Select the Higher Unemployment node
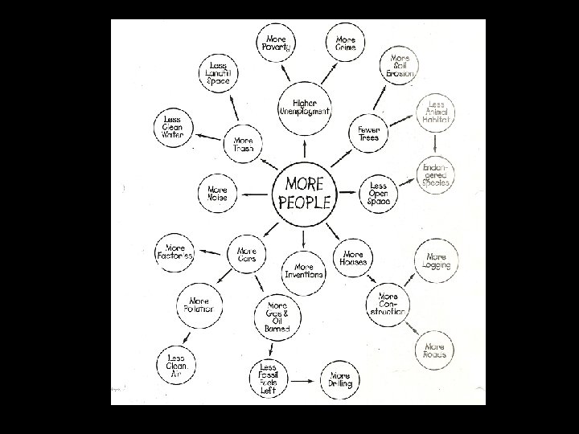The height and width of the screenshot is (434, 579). pos(304,107)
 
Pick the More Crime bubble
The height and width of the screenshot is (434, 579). pos(346,42)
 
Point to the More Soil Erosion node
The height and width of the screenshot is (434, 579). pos(400,67)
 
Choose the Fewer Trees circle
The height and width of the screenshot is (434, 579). pos(369,133)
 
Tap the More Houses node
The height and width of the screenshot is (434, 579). pos(353,258)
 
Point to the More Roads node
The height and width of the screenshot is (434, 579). pos(435,350)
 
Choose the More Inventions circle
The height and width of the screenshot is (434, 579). pos(304,270)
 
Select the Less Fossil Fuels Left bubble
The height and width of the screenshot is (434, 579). pos(267,379)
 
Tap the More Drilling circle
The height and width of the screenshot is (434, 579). pos(339,380)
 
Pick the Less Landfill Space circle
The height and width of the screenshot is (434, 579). pos(218,74)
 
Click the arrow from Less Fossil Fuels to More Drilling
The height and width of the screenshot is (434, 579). pos(303,379)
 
